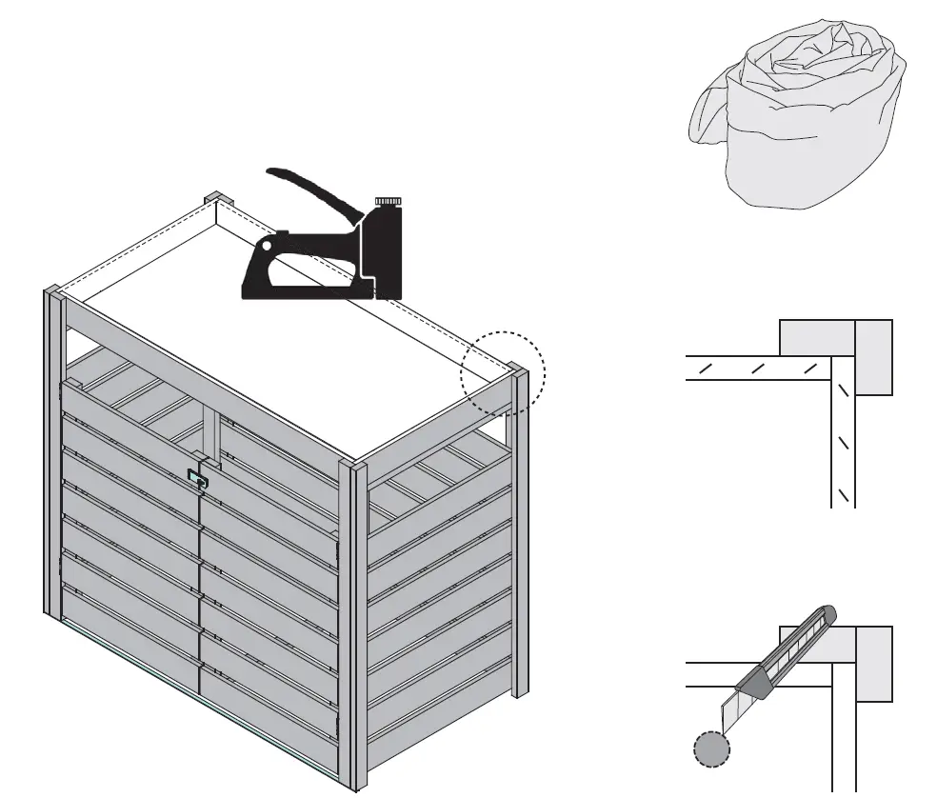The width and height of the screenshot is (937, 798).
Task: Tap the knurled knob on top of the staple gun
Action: click(388, 201)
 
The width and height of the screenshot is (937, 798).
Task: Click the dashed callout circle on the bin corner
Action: click(503, 372)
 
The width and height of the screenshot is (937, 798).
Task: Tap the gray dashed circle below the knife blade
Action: click(710, 749)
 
